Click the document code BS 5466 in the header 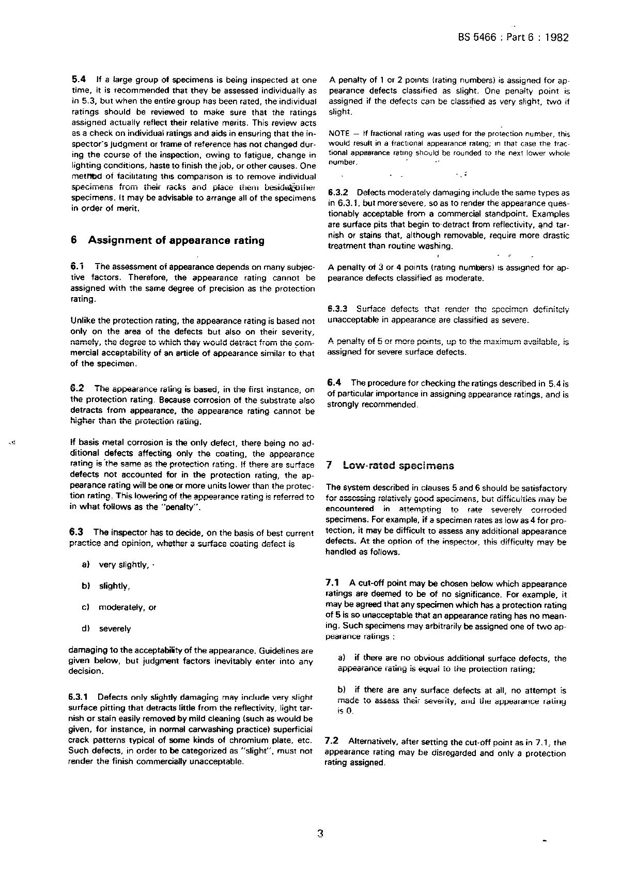477,37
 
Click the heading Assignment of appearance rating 176,240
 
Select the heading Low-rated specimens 398,465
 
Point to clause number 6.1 78,266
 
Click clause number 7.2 331,742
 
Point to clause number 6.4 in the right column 334,382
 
